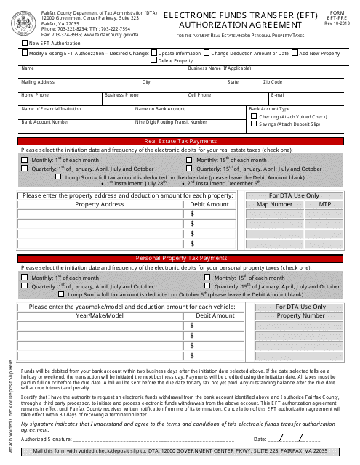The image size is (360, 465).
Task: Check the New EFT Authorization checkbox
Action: point(26,44)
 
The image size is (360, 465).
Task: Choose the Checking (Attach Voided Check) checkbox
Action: point(254,116)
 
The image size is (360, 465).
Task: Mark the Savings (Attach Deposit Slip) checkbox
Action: point(254,124)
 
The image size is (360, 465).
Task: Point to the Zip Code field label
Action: point(273,82)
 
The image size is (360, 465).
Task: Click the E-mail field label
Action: point(279,95)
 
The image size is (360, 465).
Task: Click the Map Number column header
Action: point(273,205)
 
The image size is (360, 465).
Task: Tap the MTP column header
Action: point(325,205)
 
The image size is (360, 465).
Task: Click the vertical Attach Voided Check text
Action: point(10,406)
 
